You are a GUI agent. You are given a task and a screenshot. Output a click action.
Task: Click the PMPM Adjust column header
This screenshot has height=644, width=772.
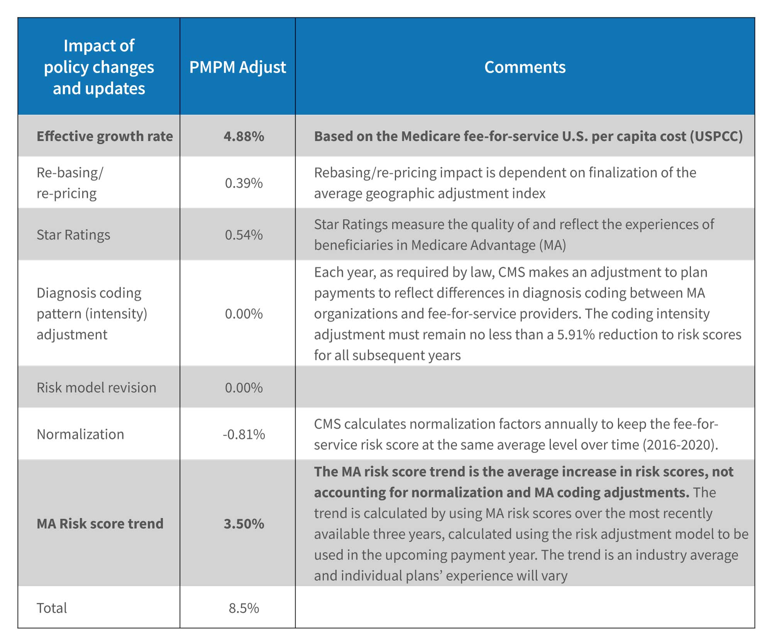pyautogui.click(x=237, y=67)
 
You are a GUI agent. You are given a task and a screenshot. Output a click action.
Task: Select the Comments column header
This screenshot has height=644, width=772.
pyautogui.click(x=525, y=67)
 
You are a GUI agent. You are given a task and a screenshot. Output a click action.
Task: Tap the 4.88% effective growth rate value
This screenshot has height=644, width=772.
pyautogui.click(x=244, y=136)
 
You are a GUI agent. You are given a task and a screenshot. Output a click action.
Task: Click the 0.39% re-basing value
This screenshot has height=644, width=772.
pyautogui.click(x=244, y=183)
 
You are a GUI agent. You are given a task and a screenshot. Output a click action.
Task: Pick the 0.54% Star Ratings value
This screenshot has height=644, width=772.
pyautogui.click(x=244, y=235)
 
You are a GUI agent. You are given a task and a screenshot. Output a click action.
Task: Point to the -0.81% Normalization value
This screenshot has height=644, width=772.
pyautogui.click(x=244, y=434)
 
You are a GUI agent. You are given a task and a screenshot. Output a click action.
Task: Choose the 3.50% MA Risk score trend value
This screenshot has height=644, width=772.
pyautogui.click(x=244, y=524)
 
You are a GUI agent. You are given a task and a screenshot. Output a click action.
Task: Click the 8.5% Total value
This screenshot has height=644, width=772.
pyautogui.click(x=244, y=608)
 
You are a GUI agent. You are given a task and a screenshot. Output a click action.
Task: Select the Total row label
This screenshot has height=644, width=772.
pyautogui.click(x=52, y=608)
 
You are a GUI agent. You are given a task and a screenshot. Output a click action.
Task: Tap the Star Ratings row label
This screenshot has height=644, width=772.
pyautogui.click(x=73, y=235)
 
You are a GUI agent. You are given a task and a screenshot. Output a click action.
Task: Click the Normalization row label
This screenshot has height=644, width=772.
pyautogui.click(x=80, y=434)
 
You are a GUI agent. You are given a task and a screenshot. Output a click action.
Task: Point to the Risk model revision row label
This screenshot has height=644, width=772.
pyautogui.click(x=96, y=388)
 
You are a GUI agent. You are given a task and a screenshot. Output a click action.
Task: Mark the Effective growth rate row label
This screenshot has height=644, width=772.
pyautogui.click(x=105, y=136)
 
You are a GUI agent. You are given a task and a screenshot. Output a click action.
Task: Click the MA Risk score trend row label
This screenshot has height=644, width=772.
pyautogui.click(x=100, y=524)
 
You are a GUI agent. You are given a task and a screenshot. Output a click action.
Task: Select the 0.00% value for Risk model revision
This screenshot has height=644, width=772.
pyautogui.click(x=244, y=388)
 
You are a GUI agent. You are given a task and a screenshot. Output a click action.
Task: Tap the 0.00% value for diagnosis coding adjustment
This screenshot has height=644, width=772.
pyautogui.click(x=244, y=314)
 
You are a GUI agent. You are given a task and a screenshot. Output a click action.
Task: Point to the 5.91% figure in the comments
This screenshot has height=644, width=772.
pyautogui.click(x=576, y=334)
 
